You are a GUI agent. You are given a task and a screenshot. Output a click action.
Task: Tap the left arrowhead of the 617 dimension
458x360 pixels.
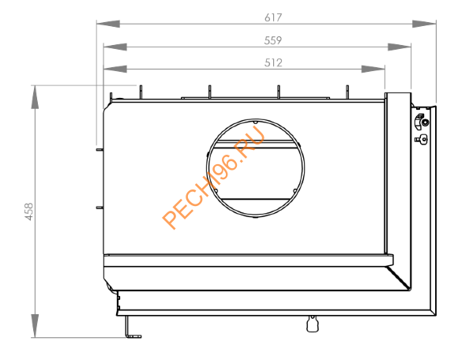(102, 24)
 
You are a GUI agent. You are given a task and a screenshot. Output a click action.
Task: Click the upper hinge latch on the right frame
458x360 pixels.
(422, 122)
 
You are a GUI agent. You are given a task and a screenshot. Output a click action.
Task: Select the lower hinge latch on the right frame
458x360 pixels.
(422, 140)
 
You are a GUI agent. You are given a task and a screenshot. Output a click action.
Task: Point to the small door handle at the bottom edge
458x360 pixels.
(309, 323)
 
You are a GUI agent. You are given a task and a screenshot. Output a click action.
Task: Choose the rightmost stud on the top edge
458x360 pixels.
(347, 92)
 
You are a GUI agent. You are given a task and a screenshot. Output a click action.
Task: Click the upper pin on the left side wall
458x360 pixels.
(99, 148)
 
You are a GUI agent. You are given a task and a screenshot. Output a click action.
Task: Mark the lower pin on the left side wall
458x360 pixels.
(99, 207)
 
